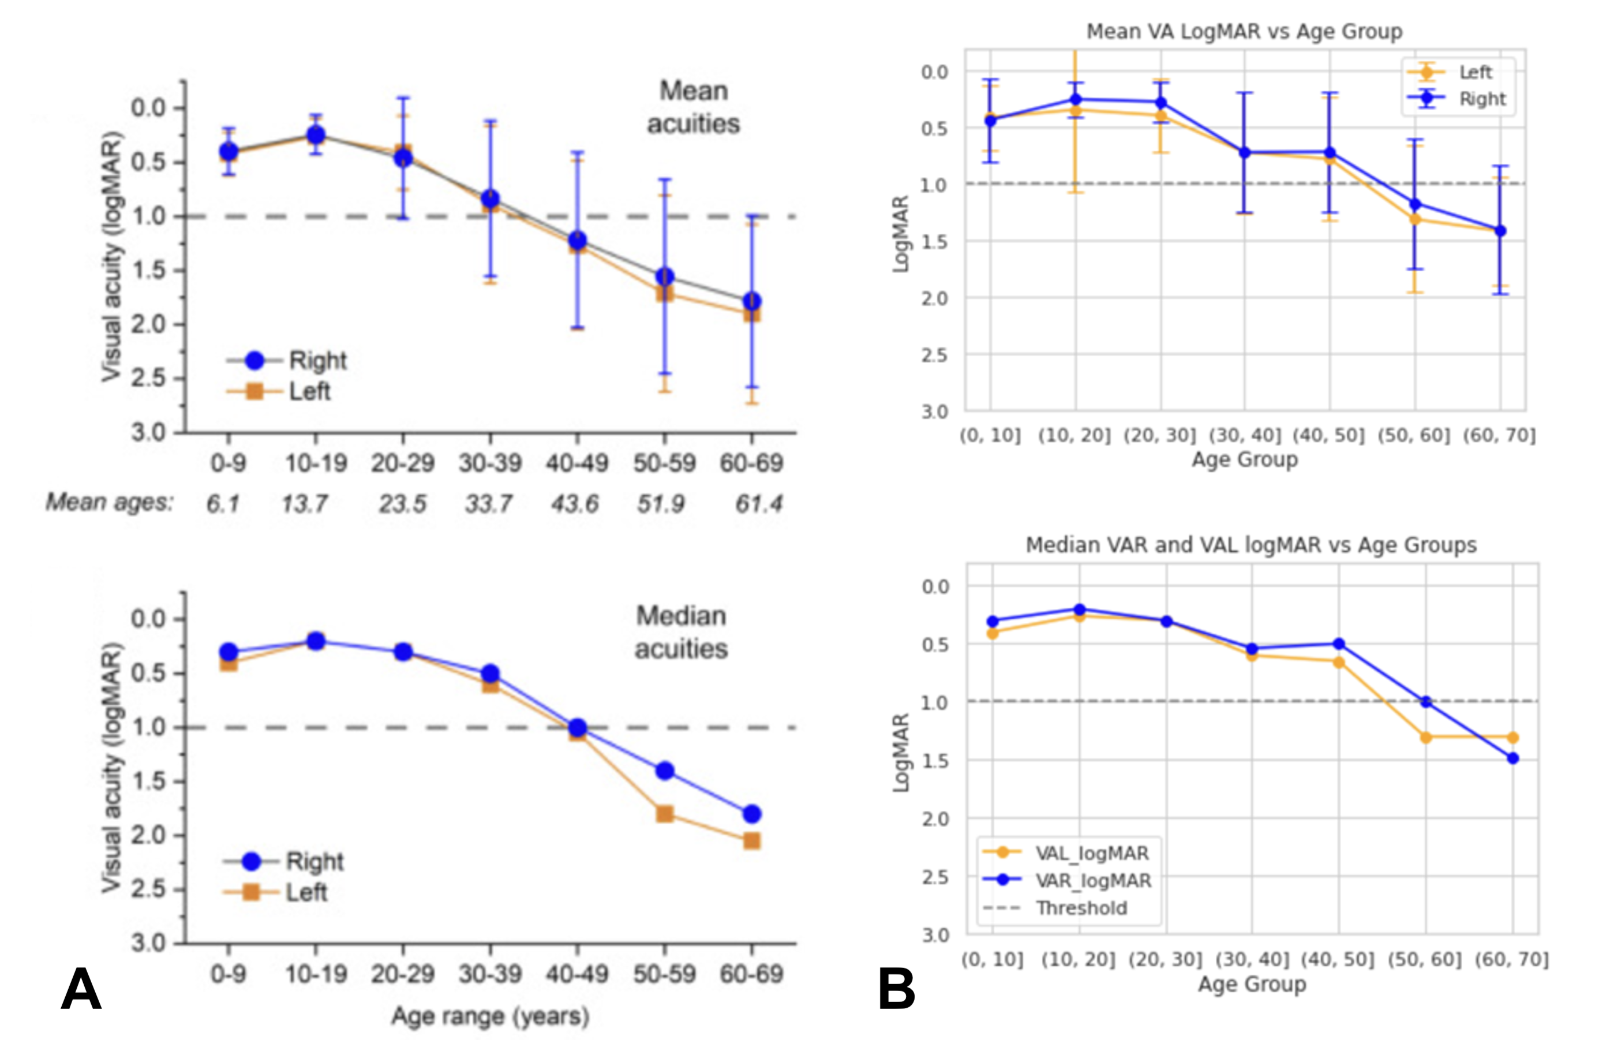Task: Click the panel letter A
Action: [81, 989]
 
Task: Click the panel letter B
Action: [896, 989]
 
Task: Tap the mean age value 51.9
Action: [661, 503]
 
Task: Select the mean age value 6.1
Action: [223, 503]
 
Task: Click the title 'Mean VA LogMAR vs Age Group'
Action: [1244, 32]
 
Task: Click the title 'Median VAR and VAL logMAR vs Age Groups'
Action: [1251, 545]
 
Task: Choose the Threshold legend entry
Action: [1081, 907]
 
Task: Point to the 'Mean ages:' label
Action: [110, 502]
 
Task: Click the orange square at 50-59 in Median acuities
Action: [665, 813]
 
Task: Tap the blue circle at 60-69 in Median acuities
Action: [751, 813]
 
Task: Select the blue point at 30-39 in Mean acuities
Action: [491, 199]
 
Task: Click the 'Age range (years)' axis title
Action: [491, 1016]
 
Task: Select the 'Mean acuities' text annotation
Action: [694, 107]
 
